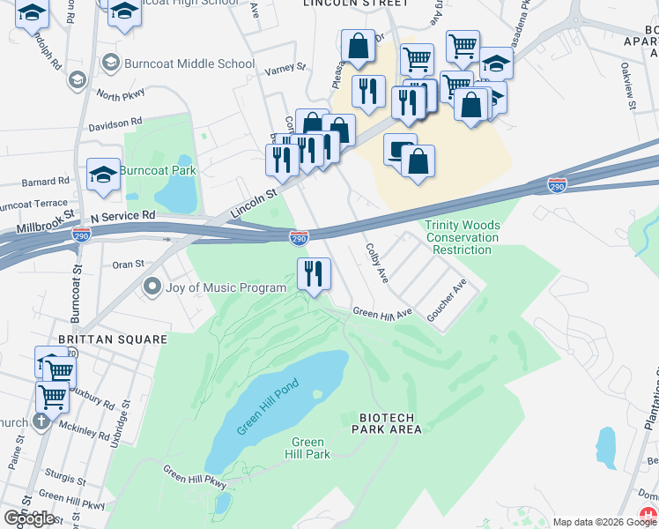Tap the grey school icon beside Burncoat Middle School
click(x=111, y=63)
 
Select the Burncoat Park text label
click(x=159, y=170)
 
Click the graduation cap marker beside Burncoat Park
click(x=104, y=175)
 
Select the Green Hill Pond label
click(x=268, y=406)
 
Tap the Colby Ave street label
click(x=377, y=263)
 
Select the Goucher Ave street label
click(x=446, y=302)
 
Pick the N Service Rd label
click(x=122, y=215)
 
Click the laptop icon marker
click(x=401, y=149)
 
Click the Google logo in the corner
click(x=29, y=518)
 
